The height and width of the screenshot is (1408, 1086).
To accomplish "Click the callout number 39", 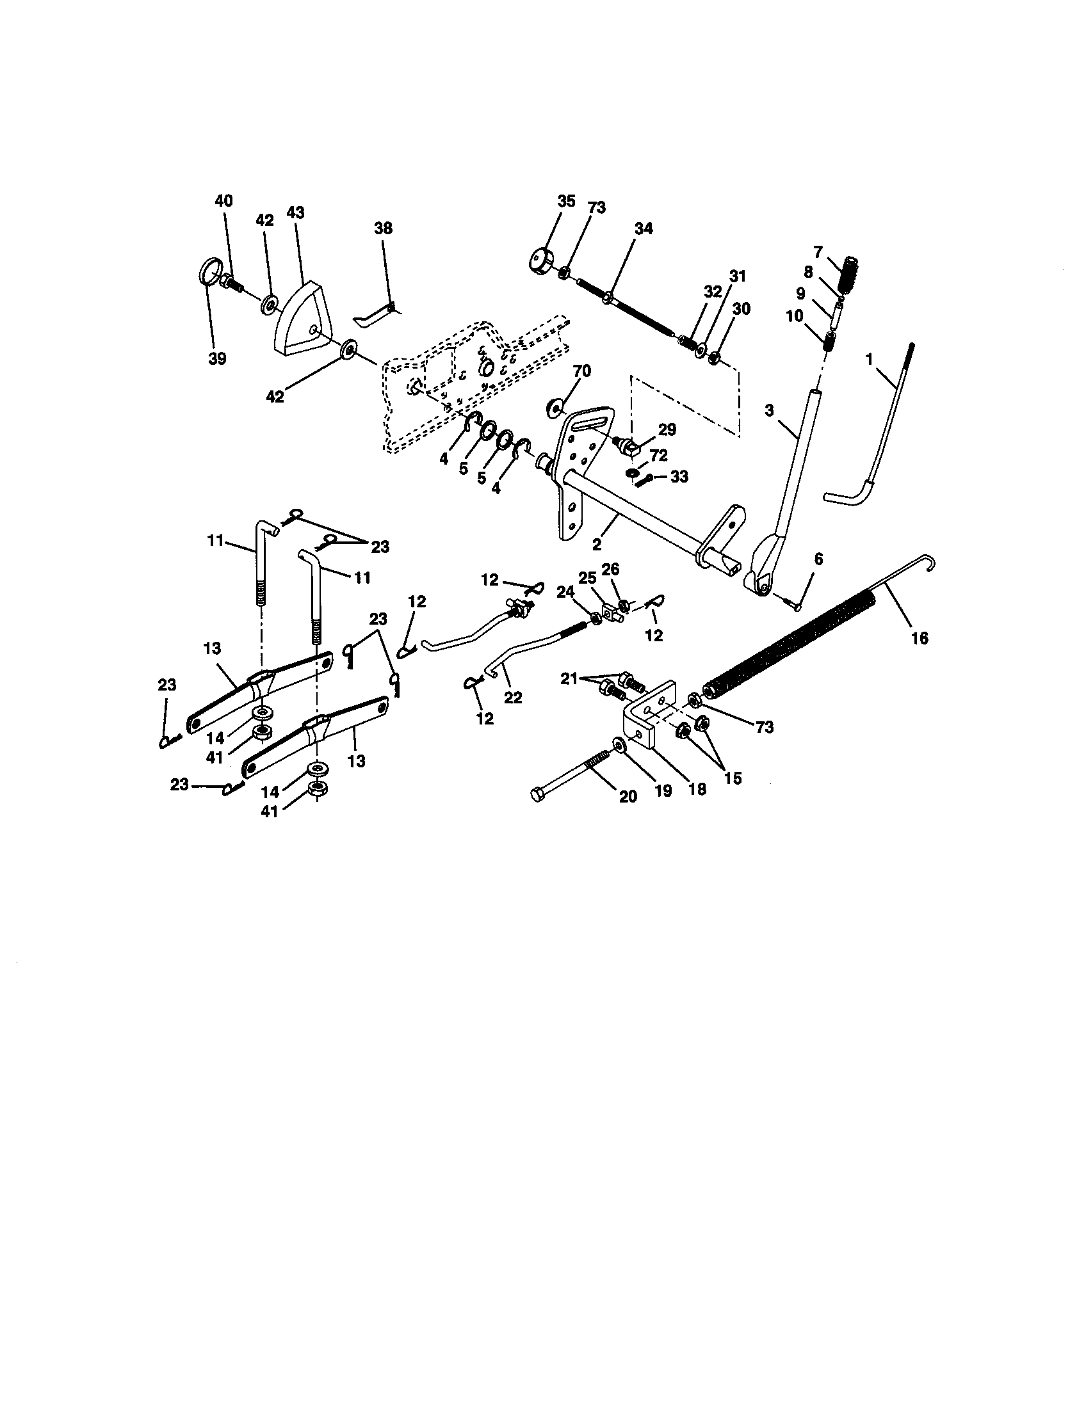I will (x=217, y=359).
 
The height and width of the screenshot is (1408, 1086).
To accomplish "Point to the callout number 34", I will (x=643, y=228).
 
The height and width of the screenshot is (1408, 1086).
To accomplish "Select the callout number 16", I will (x=919, y=638).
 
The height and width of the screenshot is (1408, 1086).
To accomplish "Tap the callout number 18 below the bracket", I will (x=697, y=789).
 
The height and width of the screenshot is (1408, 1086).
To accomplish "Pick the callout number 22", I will (x=513, y=698).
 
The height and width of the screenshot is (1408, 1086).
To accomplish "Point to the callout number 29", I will (x=667, y=430).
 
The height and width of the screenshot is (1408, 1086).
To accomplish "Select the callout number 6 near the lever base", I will (x=818, y=559).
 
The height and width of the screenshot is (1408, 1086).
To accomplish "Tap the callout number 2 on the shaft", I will (x=597, y=544).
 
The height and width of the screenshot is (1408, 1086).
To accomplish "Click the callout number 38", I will (x=382, y=229).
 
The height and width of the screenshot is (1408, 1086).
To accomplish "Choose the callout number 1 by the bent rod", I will (x=870, y=359).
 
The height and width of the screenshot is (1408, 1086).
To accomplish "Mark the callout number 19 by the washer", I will (x=663, y=791).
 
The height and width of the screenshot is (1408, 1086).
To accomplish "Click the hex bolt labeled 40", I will (x=231, y=283).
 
